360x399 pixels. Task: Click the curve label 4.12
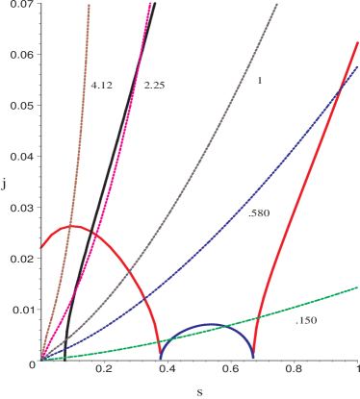point(103,86)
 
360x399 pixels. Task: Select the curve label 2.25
point(154,86)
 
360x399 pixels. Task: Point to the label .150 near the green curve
point(305,319)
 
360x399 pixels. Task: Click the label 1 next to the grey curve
point(259,81)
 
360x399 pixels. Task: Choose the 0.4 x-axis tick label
point(167,368)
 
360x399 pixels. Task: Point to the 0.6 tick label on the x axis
point(230,368)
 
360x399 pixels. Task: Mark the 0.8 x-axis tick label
point(294,368)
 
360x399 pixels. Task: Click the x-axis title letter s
point(198,391)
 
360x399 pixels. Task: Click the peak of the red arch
point(73,227)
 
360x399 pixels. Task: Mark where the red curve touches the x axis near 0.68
point(255,359)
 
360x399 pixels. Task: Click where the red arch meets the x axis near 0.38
point(161,359)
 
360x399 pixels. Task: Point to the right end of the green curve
point(358,287)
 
